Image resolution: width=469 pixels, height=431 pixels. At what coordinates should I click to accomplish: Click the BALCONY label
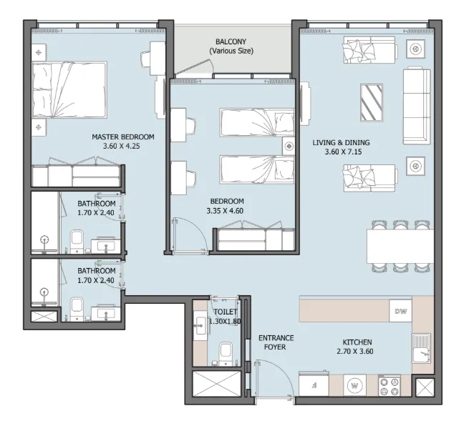(x=231, y=42)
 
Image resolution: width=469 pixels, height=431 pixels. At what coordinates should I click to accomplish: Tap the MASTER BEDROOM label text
(x=123, y=137)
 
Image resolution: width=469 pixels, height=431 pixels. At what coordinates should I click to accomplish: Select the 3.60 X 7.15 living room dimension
(x=341, y=152)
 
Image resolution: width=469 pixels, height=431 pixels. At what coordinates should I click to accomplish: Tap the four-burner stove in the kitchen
(x=390, y=387)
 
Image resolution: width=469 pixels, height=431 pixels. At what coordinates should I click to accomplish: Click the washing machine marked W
(x=354, y=387)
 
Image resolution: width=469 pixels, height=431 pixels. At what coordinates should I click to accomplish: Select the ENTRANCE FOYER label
(x=276, y=342)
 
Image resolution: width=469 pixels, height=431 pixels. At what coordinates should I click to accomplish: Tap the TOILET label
(x=226, y=312)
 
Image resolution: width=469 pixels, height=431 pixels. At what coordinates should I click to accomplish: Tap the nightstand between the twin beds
(x=288, y=146)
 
